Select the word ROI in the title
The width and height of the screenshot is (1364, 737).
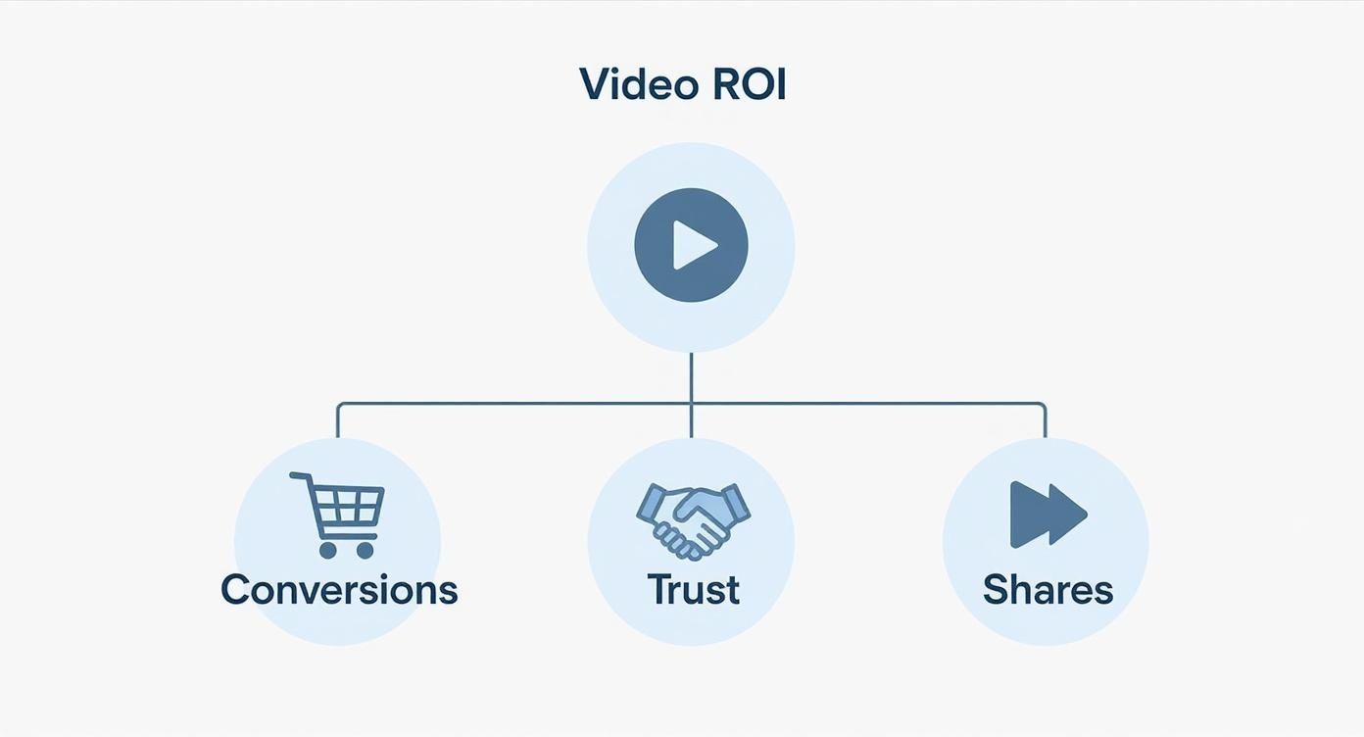click(749, 84)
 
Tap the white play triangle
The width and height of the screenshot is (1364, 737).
click(694, 245)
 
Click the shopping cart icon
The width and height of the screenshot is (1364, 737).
click(339, 514)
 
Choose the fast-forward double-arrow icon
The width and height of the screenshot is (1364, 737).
click(1047, 514)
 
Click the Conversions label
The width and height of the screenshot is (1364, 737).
click(339, 590)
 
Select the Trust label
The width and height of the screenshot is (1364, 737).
click(693, 590)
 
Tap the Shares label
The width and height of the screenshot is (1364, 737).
click(1047, 590)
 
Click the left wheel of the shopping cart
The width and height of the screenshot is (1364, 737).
click(327, 550)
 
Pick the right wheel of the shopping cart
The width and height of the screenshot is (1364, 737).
click(365, 550)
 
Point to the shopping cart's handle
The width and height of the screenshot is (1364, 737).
click(299, 477)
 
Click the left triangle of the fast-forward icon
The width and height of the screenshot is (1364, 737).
click(1029, 514)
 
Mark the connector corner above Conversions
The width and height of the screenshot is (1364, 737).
click(338, 404)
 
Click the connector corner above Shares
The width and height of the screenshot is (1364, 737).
click(1045, 404)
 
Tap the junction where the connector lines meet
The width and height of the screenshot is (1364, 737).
click(691, 403)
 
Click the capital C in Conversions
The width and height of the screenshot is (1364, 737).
click(235, 590)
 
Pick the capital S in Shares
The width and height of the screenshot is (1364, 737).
click(996, 590)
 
